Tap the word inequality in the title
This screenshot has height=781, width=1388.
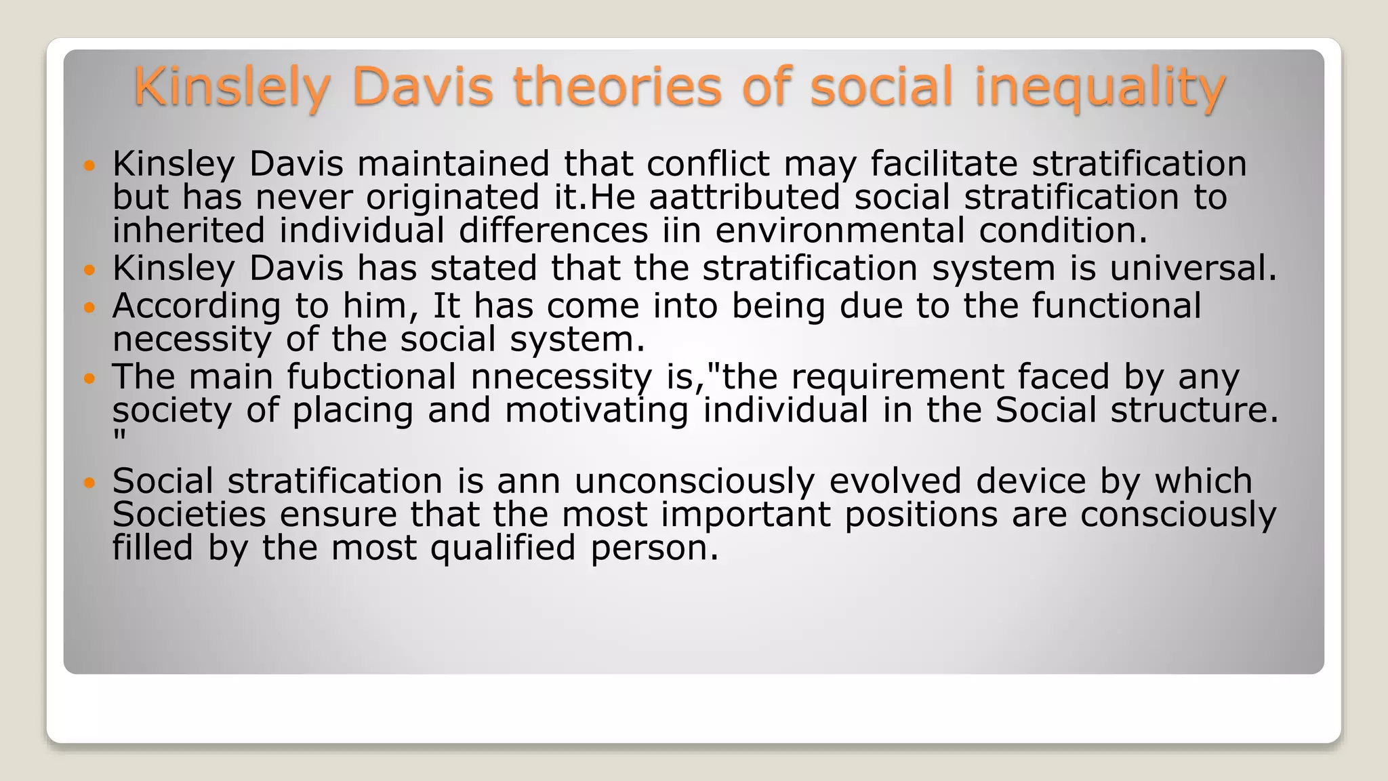click(1099, 87)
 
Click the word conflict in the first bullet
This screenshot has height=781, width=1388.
click(708, 164)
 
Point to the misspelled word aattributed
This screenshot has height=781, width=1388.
click(744, 197)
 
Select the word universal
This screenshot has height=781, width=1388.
click(1193, 268)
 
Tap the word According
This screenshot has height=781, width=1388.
click(197, 306)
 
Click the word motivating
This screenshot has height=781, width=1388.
click(596, 410)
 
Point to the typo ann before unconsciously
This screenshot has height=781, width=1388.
click(529, 481)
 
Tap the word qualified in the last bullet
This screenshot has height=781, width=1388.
click(503, 548)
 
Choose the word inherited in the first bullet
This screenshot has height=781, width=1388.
click(188, 231)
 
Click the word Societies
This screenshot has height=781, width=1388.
click(188, 515)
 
